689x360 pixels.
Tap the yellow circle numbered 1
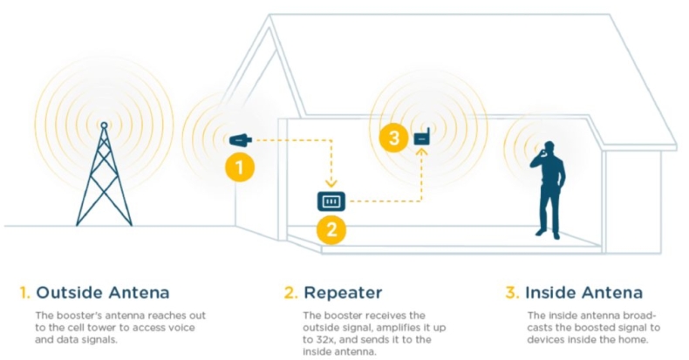[x=240, y=166]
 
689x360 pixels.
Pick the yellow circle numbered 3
[x=395, y=138]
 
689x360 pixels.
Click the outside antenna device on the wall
[x=242, y=139]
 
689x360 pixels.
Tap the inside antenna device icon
[x=422, y=137]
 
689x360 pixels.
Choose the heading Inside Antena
[x=584, y=291]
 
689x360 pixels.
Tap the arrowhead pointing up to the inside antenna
[x=422, y=153]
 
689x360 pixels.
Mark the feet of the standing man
[x=547, y=233]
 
